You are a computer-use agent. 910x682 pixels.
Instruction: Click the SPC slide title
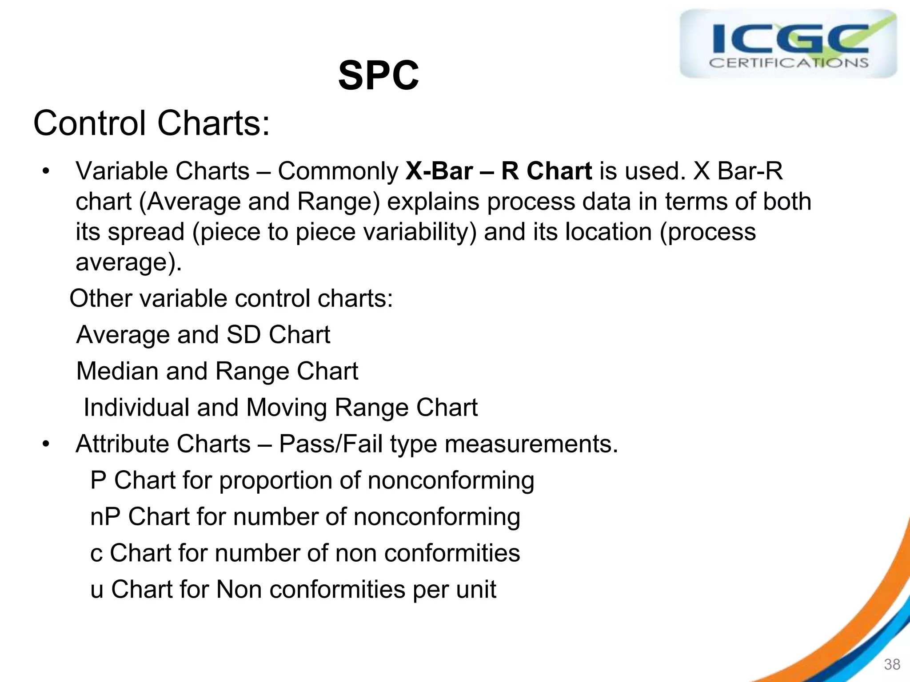378,75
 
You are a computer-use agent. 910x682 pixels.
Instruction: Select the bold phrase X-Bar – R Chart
499,171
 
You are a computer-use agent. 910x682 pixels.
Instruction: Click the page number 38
892,664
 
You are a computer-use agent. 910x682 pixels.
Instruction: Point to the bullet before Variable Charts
45,171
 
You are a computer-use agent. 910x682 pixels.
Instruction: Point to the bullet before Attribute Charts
45,444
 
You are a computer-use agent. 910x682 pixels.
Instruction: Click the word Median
117,371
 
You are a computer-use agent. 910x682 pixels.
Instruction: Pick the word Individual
136,407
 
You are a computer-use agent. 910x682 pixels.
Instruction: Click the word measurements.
531,444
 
